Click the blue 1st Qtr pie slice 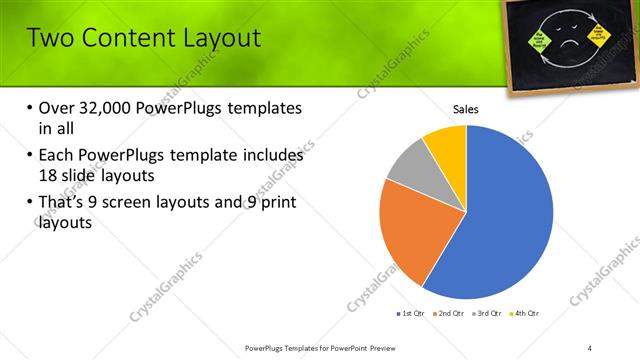pos(510,220)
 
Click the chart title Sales pos(466,109)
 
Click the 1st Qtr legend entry pos(409,313)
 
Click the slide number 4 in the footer pos(591,347)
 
